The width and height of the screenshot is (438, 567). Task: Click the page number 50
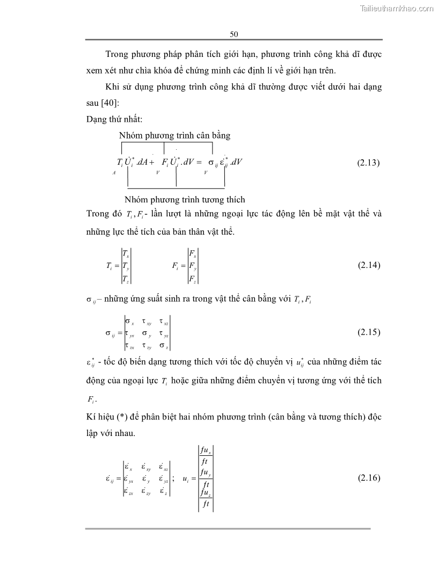coord(233,34)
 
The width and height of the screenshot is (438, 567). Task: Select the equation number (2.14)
coord(368,265)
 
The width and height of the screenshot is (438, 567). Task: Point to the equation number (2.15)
coord(368,332)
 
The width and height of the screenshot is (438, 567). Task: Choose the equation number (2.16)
coord(368,478)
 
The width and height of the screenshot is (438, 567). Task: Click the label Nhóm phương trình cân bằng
coord(174,135)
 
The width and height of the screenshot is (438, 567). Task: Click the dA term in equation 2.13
coord(142,162)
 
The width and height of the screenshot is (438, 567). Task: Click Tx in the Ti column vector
coord(125,253)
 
